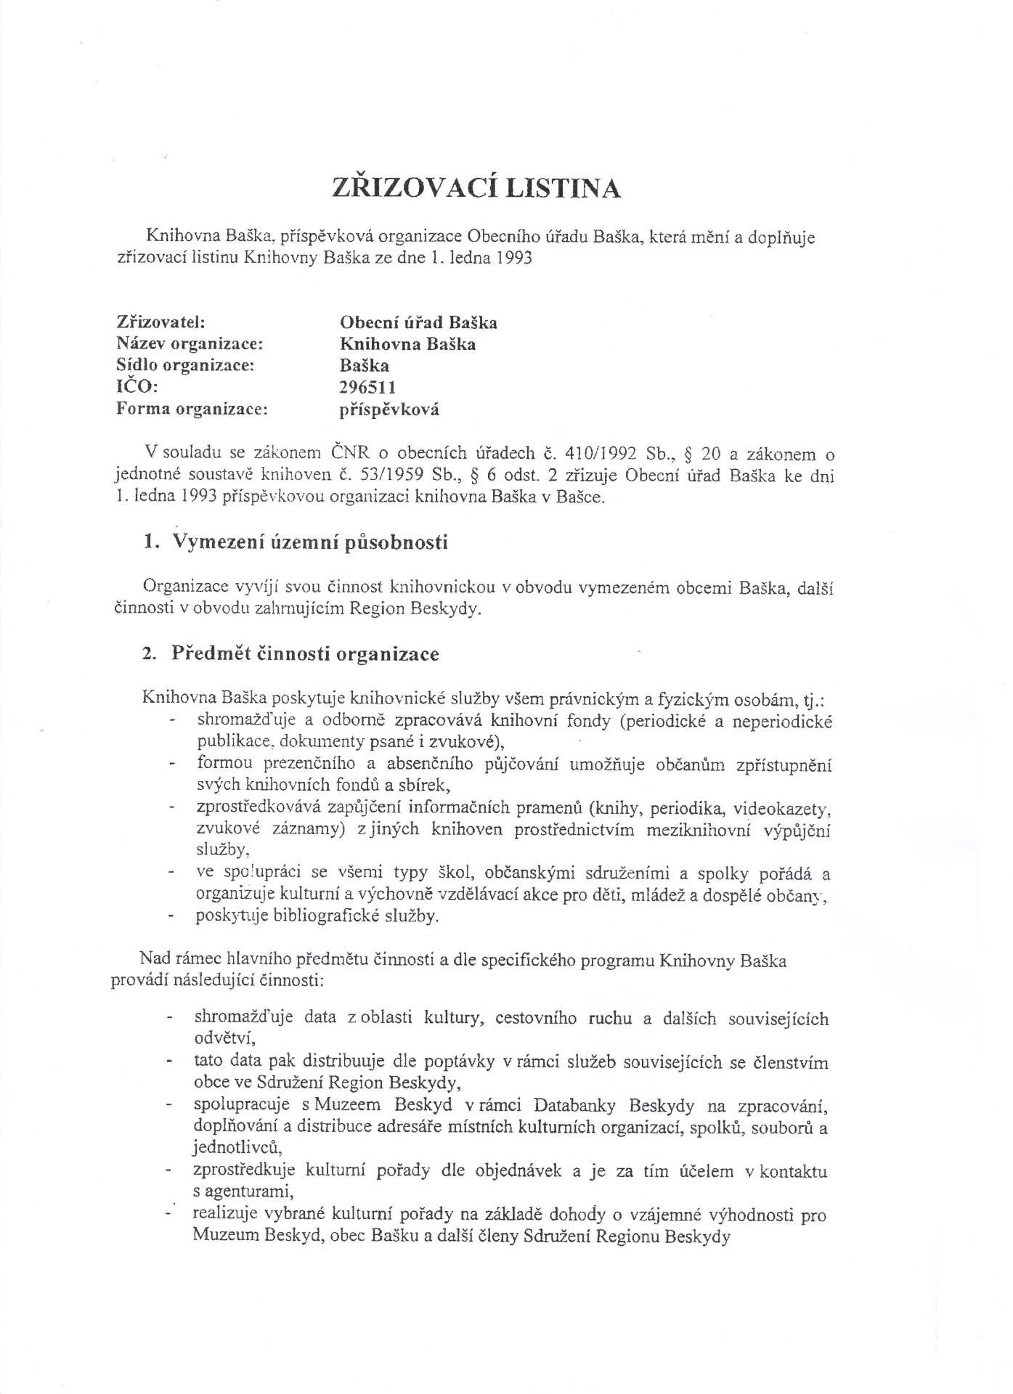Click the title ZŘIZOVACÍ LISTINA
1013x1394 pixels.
tap(476, 188)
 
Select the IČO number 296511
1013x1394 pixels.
tap(368, 387)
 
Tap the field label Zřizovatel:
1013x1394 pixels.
tap(160, 322)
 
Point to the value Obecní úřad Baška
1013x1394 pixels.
tap(418, 322)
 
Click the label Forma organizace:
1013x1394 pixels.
tap(192, 409)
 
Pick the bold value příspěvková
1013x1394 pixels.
tap(389, 409)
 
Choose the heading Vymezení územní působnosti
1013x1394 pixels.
tap(309, 542)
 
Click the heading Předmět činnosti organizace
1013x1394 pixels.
tap(305, 653)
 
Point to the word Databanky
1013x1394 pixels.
tap(574, 1106)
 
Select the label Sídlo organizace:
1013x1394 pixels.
tap(185, 365)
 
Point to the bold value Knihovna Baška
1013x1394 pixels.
tap(407, 343)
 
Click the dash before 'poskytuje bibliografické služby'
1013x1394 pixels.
tap(172, 916)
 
